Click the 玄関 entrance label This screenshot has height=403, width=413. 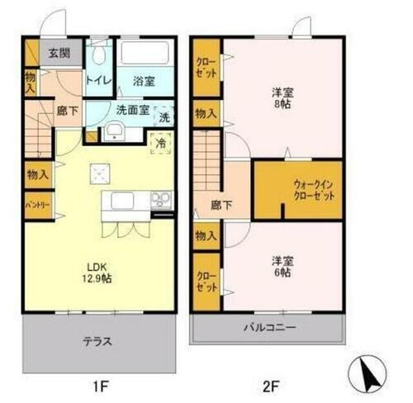[58, 55]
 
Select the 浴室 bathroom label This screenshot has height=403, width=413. [147, 82]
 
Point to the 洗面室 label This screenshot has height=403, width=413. [131, 109]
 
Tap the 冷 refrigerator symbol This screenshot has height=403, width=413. [159, 141]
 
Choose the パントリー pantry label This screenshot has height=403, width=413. [35, 204]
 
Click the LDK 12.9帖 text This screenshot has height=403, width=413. [99, 272]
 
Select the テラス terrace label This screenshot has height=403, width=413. [97, 340]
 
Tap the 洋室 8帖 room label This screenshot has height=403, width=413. [282, 98]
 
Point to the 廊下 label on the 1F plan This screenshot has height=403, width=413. [66, 109]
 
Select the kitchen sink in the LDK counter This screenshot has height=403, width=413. [121, 200]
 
